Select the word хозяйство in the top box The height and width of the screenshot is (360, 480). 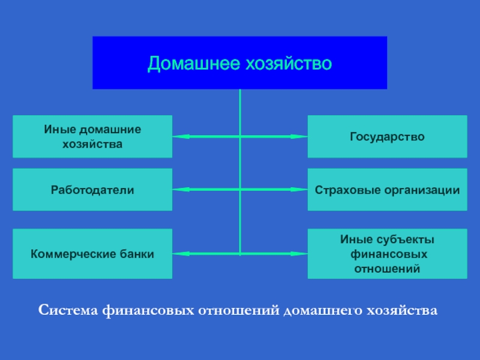(x=286, y=64)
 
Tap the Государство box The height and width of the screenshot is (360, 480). (x=387, y=137)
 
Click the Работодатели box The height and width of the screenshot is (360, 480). (x=92, y=190)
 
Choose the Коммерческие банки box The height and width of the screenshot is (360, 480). (x=92, y=254)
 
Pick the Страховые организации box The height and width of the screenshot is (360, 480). (x=387, y=190)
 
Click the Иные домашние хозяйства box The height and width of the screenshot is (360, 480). (x=92, y=137)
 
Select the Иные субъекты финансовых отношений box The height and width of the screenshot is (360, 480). (x=387, y=254)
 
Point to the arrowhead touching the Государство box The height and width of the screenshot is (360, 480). (x=300, y=137)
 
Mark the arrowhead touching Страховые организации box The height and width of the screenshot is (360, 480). (x=300, y=190)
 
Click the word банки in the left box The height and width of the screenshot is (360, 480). (x=135, y=254)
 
